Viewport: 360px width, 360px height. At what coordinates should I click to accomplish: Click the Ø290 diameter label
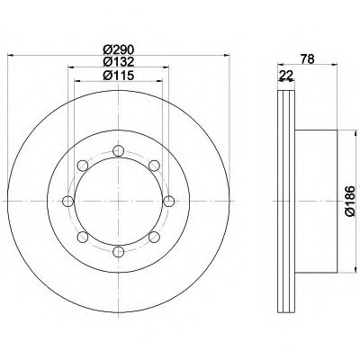(x=119, y=49)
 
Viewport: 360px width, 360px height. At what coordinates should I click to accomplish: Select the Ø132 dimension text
(x=119, y=62)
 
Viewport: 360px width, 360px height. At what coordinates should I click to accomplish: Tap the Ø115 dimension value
(x=119, y=76)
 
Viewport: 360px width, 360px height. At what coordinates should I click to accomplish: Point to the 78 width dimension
(x=308, y=59)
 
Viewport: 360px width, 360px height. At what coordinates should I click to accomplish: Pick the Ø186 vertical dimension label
(x=350, y=201)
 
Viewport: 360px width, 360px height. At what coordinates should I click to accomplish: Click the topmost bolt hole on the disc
(x=119, y=150)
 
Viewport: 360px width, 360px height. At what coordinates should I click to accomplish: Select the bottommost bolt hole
(x=119, y=251)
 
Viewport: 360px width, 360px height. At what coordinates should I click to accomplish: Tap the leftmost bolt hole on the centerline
(x=68, y=201)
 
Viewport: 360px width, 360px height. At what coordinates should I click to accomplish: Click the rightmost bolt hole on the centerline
(x=169, y=201)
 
